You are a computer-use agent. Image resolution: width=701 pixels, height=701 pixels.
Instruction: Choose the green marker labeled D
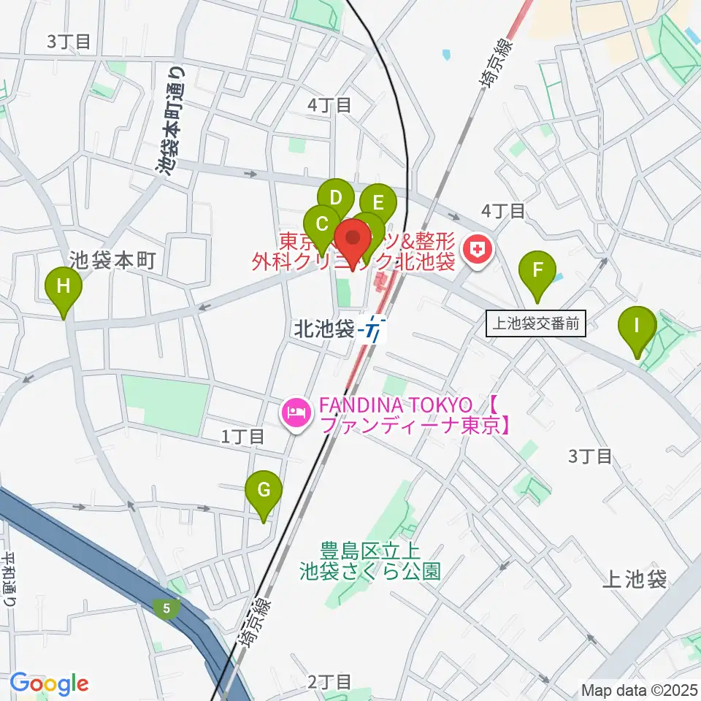click(336, 198)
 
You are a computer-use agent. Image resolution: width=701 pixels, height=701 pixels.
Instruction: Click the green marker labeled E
click(378, 203)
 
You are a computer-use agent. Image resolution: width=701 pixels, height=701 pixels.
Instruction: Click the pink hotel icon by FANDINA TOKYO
click(296, 414)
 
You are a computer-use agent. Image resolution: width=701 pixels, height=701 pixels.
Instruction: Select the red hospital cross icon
click(478, 250)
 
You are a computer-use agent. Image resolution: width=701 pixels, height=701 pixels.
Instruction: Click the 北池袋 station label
click(323, 329)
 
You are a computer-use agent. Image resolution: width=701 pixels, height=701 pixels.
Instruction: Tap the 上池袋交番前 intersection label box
click(537, 323)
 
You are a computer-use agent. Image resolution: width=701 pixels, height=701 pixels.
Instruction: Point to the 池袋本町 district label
click(112, 260)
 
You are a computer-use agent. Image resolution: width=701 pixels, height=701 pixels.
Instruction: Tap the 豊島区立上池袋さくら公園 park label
click(371, 560)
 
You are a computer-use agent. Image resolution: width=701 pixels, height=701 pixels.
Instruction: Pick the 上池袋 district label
click(635, 580)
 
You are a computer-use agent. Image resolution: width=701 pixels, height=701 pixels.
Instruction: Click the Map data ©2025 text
click(640, 689)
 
